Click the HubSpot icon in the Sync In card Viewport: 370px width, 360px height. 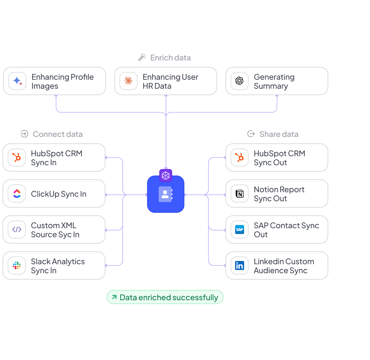pos(17,157)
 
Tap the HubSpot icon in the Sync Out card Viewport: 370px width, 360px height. pos(240,157)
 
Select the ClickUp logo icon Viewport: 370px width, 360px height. pos(17,194)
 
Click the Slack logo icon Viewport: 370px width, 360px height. pos(17,265)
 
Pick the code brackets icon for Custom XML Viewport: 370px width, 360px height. pos(17,230)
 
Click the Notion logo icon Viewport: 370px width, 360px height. pos(240,194)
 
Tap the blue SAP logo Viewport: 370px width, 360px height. pos(240,230)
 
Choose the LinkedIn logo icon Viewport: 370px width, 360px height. pos(240,265)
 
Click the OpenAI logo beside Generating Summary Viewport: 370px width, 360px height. pos(240,81)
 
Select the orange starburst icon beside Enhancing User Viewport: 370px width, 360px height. pos(128,81)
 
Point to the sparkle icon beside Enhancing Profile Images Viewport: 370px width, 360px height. pos(17,81)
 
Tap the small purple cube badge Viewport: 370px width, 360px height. pos(166,175)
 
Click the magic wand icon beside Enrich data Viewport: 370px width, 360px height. pos(142,58)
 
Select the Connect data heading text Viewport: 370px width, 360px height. pos(58,134)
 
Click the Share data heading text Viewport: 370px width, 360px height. pos(279,134)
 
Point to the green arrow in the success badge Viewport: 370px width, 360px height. pos(114,297)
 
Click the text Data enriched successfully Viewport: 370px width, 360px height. pos(169,297)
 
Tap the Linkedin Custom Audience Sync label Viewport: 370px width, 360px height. pos(284,266)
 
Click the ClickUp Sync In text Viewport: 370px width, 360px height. pos(58,194)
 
